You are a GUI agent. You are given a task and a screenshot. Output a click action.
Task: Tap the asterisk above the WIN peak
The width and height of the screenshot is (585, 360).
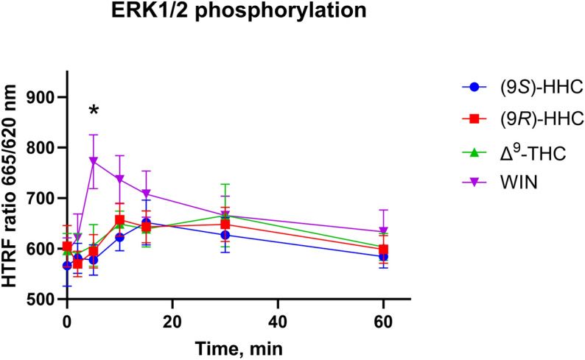(94, 111)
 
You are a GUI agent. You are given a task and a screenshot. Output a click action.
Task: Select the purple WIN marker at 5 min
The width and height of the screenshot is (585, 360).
(94, 160)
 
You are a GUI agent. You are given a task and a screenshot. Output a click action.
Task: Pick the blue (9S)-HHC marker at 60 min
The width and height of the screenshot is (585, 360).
(382, 256)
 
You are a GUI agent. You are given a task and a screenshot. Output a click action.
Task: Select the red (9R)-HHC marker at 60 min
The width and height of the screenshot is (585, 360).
(382, 250)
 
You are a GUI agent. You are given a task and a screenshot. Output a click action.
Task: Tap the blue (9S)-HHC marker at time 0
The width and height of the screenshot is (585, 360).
(67, 265)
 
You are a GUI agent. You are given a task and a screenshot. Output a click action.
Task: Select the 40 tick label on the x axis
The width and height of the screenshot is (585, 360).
(277, 321)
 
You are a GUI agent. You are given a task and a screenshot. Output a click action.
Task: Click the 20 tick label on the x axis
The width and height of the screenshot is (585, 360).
(172, 321)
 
